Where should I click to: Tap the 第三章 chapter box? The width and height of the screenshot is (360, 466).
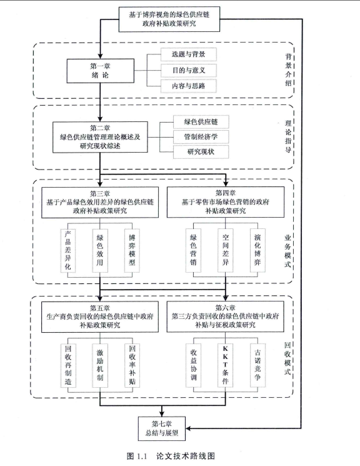(x=100, y=202)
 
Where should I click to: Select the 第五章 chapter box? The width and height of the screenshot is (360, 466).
(x=100, y=317)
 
